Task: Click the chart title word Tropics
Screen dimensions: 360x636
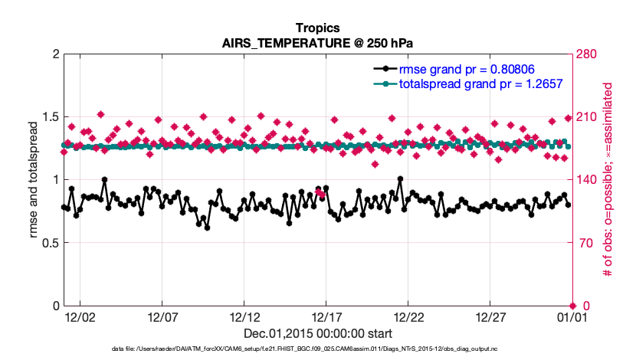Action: tap(317, 28)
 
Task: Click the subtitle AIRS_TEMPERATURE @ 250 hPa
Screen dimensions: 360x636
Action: tap(317, 42)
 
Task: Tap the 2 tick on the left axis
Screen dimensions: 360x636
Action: tap(55, 54)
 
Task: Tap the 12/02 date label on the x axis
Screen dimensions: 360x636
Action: tap(80, 316)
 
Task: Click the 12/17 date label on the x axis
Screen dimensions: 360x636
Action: tap(326, 316)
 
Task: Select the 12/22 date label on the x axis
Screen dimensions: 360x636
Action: tap(408, 316)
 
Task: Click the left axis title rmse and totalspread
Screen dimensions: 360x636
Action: tap(34, 180)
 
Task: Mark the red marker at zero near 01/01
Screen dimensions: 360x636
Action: tap(572, 306)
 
